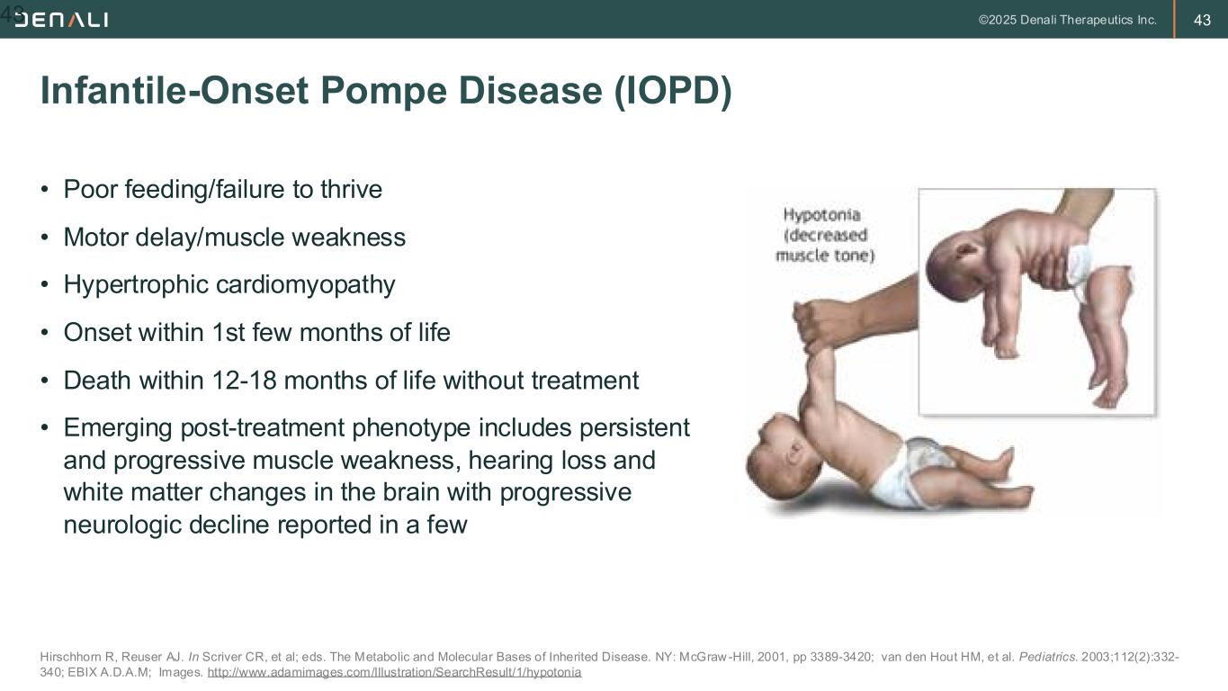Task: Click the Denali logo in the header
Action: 61,20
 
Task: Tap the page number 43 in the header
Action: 1202,20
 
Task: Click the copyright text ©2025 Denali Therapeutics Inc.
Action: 1067,20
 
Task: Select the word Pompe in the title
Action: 384,91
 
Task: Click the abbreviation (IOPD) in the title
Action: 673,91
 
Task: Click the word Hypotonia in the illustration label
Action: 821,215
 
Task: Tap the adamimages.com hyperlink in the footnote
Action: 394,672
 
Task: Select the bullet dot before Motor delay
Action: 44,238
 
